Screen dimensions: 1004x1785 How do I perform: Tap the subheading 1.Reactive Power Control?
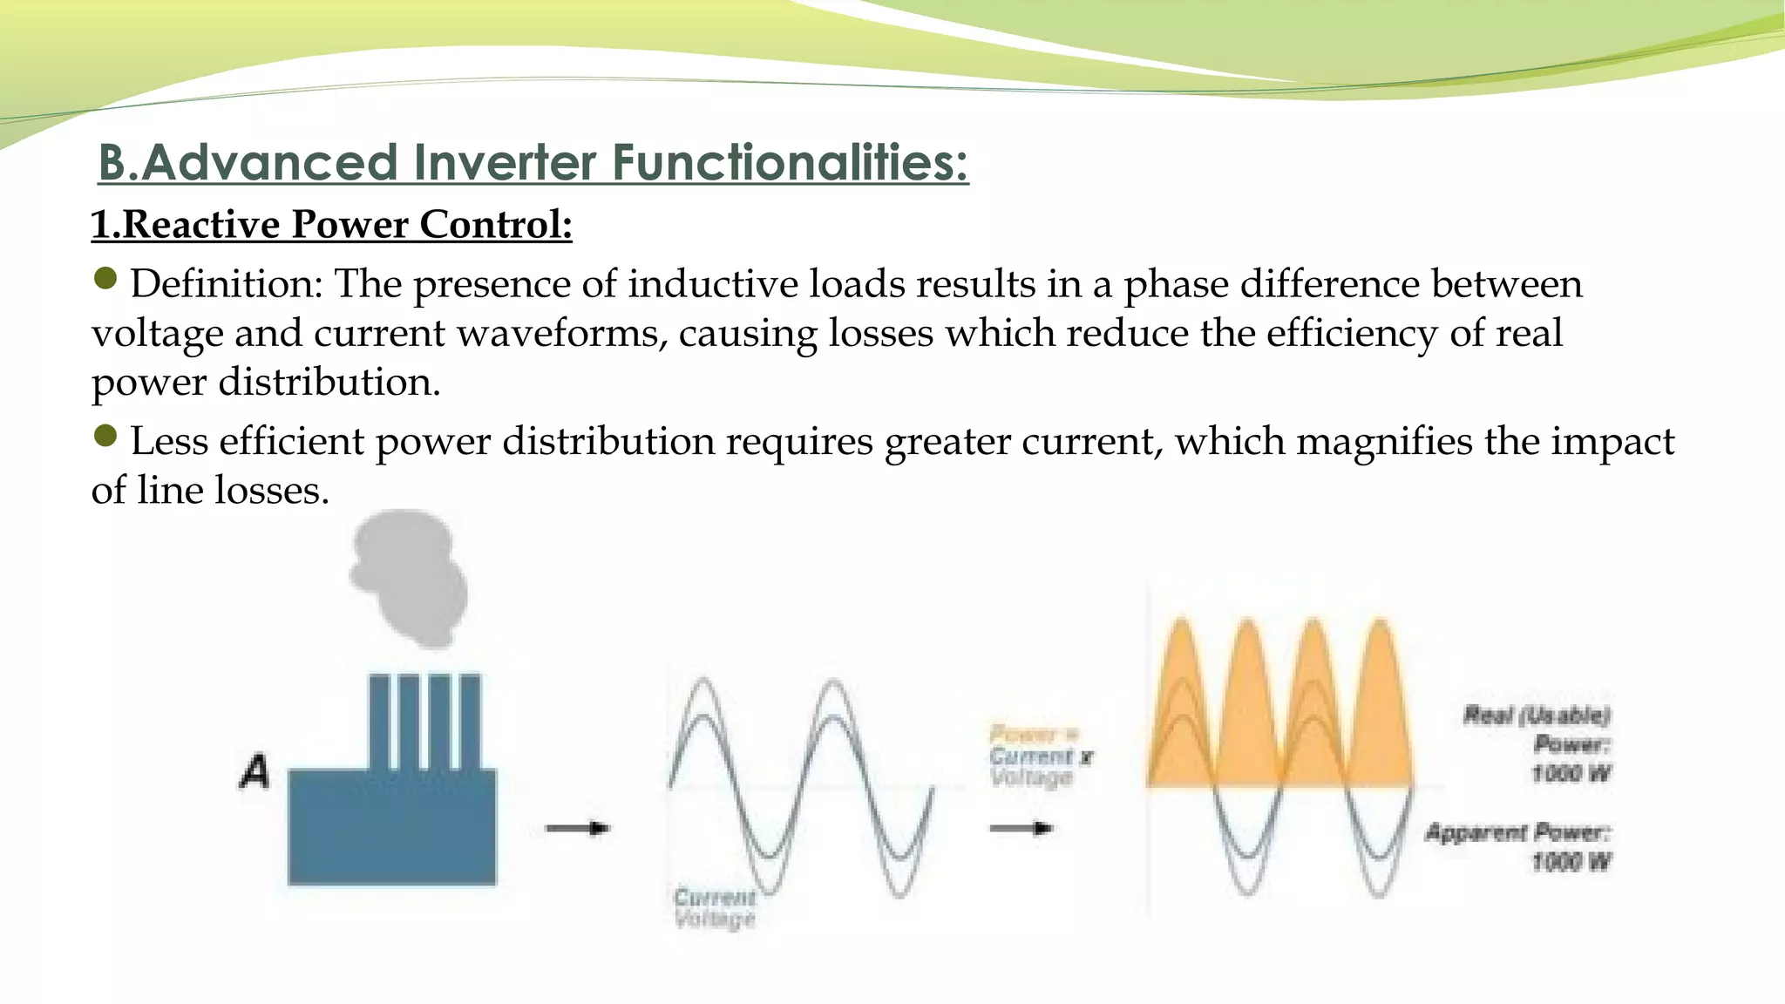pos(331,225)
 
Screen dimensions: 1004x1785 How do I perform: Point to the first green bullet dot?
pos(105,279)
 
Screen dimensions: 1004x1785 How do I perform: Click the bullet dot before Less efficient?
pos(105,436)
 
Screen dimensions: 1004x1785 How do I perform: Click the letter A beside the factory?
pos(255,772)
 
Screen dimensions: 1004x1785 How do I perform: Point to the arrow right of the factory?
pos(577,828)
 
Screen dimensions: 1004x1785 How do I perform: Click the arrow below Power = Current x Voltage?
pos(1021,828)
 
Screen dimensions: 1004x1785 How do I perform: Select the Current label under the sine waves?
pos(715,898)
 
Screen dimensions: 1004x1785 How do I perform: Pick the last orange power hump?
pos(1379,706)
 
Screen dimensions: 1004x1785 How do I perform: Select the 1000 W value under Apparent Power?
pos(1571,863)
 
